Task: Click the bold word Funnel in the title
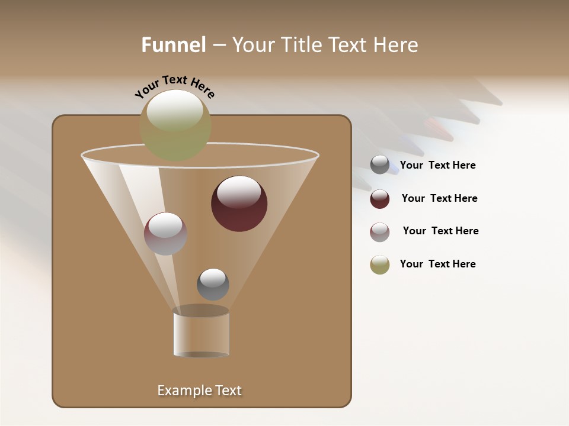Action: pyautogui.click(x=174, y=45)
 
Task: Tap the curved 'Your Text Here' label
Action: pyautogui.click(x=174, y=86)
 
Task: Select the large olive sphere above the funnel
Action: pyautogui.click(x=175, y=125)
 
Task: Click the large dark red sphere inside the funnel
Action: pyautogui.click(x=239, y=204)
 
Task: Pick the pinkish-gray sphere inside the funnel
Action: pyautogui.click(x=165, y=233)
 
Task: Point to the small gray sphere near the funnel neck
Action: pyautogui.click(x=213, y=284)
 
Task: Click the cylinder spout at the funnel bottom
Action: pyautogui.click(x=202, y=333)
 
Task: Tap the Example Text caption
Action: pyautogui.click(x=199, y=390)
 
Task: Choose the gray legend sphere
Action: pyautogui.click(x=380, y=164)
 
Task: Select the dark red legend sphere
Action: pyautogui.click(x=380, y=198)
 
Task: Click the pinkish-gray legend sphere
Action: pyautogui.click(x=380, y=231)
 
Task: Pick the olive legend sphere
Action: pyautogui.click(x=380, y=264)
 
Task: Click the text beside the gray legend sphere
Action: pyautogui.click(x=437, y=165)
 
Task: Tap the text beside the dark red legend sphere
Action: pyautogui.click(x=439, y=198)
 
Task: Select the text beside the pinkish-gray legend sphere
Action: pyautogui.click(x=440, y=231)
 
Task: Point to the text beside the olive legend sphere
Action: pyautogui.click(x=437, y=264)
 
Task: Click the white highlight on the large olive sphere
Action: pyautogui.click(x=175, y=111)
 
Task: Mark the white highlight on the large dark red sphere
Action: pyautogui.click(x=239, y=192)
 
